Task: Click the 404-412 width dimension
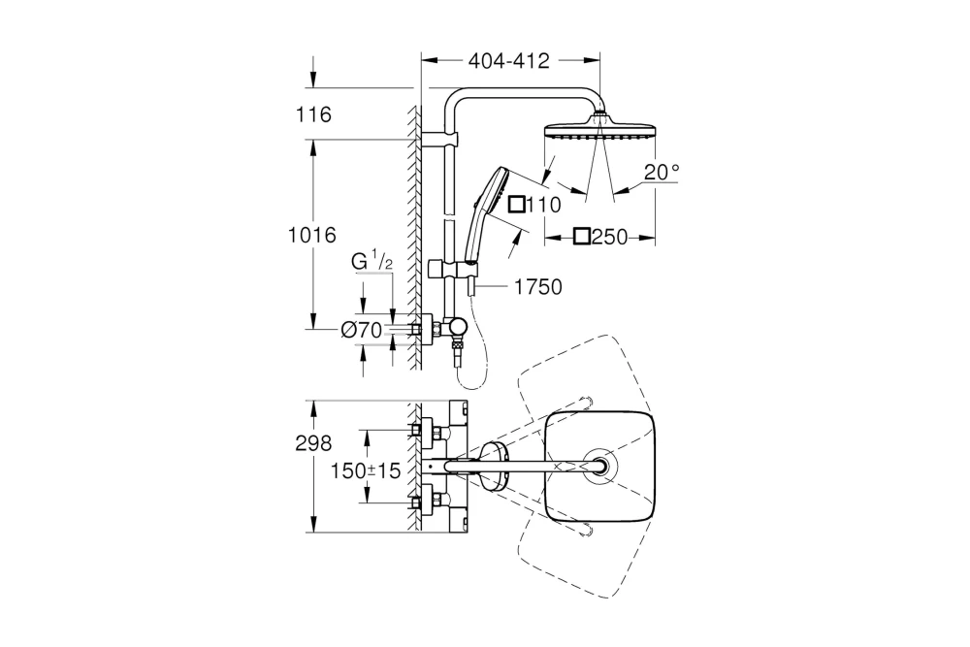tap(508, 61)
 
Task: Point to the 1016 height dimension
tap(311, 235)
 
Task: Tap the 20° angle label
tap(662, 172)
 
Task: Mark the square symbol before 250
tap(581, 237)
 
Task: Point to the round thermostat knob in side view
tap(456, 331)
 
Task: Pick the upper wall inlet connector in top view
tap(420, 431)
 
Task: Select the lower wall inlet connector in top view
tap(420, 502)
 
